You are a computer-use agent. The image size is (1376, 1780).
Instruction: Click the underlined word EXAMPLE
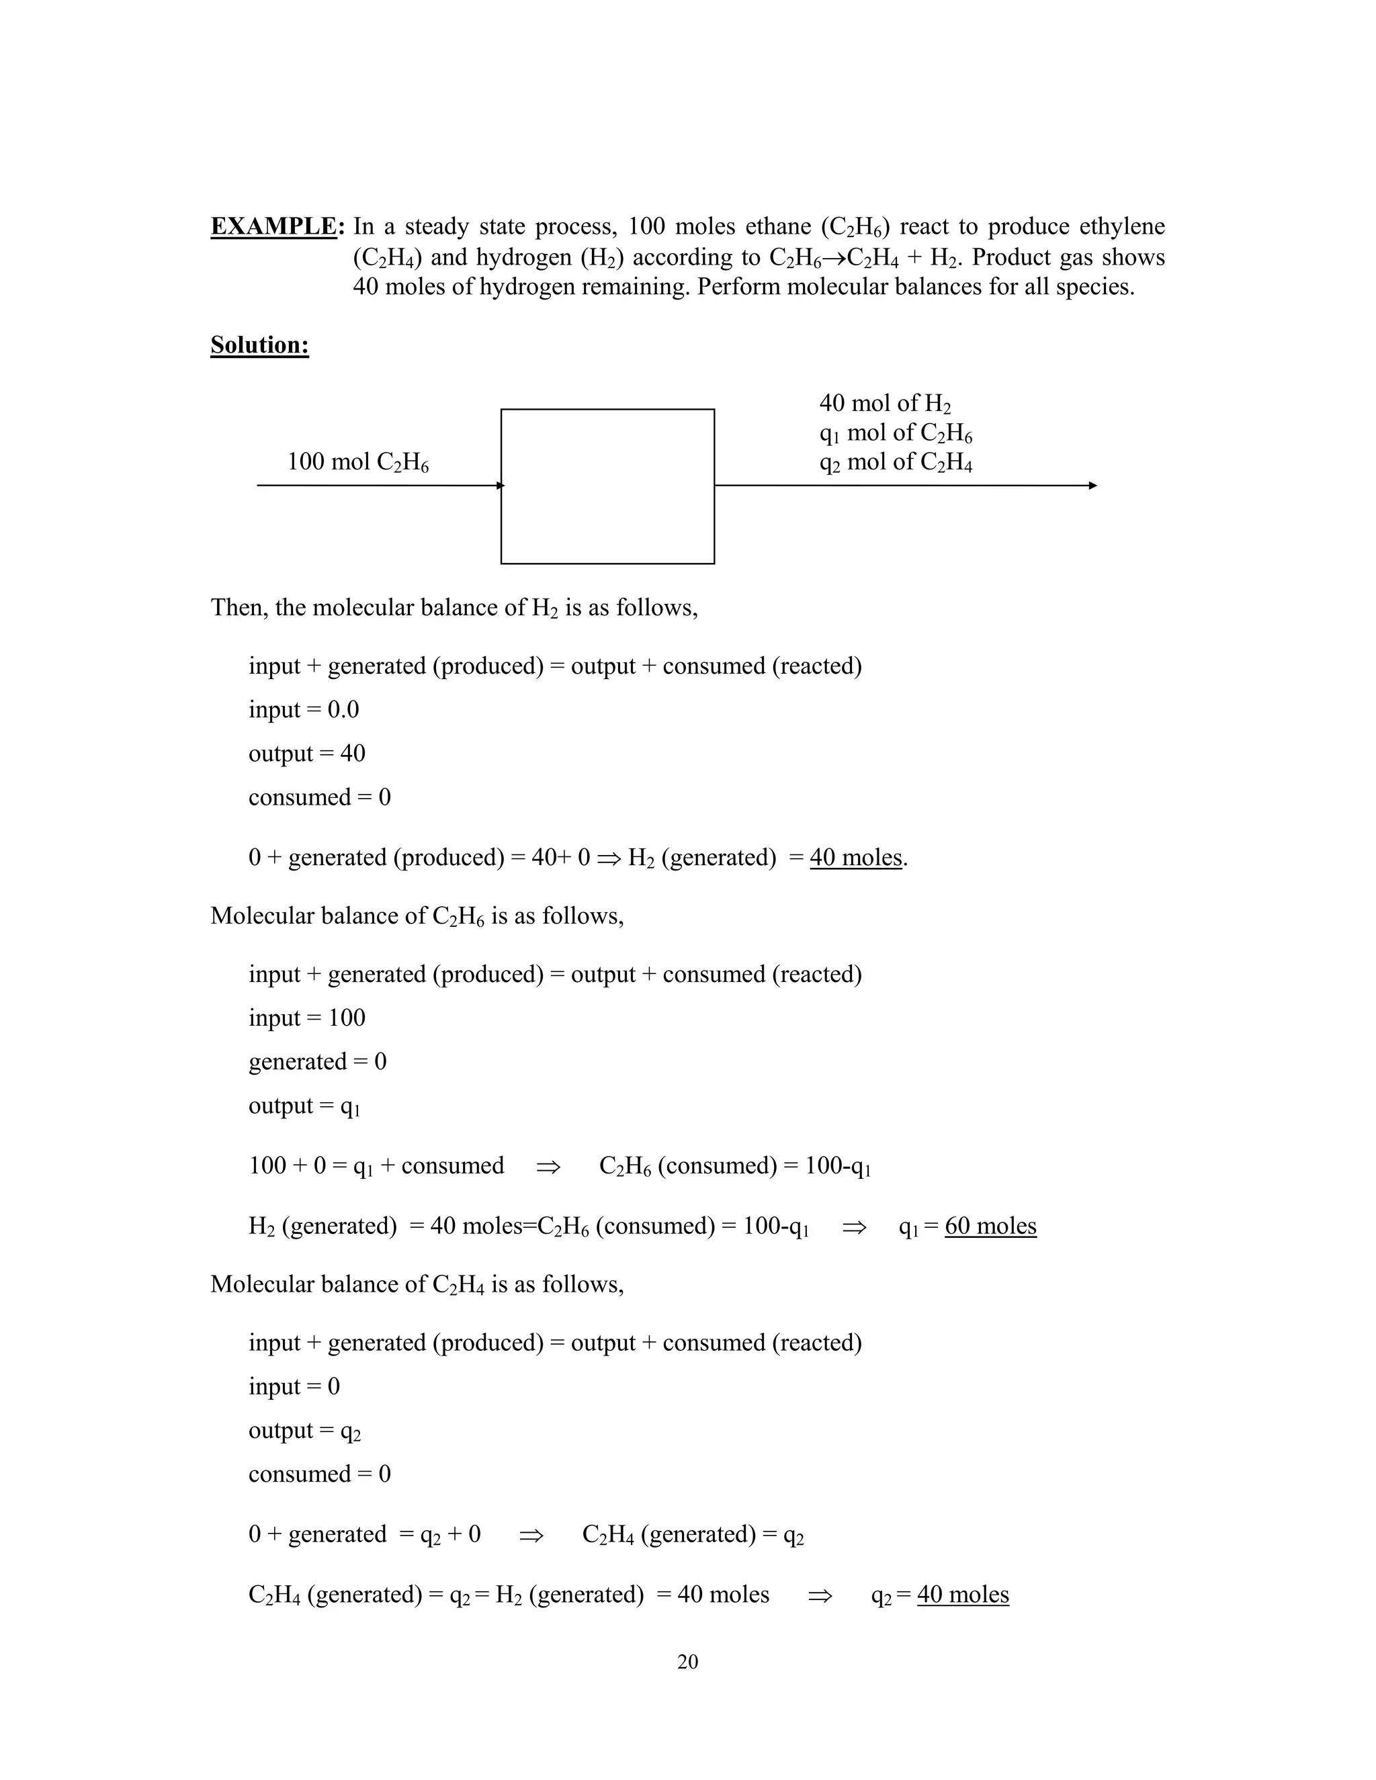[x=273, y=226]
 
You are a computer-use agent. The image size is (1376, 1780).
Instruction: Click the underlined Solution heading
[x=259, y=345]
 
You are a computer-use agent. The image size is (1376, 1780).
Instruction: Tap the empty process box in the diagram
[x=607, y=486]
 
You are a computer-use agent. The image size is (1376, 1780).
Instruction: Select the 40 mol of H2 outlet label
[x=884, y=404]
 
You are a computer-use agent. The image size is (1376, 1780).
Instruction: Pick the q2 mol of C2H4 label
[x=895, y=462]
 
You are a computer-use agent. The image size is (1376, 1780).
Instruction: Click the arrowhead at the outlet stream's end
[x=1092, y=486]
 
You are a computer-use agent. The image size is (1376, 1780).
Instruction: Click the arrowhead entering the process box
[x=500, y=486]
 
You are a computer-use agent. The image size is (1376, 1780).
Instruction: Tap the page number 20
[x=687, y=1662]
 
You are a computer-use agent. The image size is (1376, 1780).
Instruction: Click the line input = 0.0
[x=303, y=710]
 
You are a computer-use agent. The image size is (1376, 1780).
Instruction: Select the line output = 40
[x=306, y=753]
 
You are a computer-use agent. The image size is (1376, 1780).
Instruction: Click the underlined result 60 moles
[x=990, y=1226]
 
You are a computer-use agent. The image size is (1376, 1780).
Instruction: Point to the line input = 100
[x=306, y=1018]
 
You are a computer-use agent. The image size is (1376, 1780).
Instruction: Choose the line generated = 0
[x=317, y=1062]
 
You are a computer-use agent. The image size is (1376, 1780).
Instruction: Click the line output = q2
[x=304, y=1431]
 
